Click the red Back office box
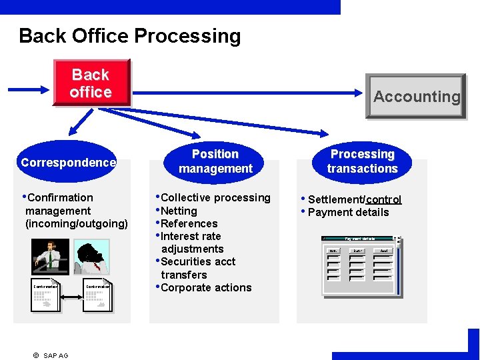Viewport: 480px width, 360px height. point(91,83)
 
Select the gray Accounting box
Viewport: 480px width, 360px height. point(416,97)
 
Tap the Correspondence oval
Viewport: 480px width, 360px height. point(68,162)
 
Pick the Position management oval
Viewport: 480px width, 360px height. point(215,161)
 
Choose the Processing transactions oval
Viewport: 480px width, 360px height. point(362,161)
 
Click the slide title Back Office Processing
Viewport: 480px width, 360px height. point(130,36)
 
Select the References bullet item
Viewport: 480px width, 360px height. point(189,223)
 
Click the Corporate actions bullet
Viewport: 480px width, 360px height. point(206,287)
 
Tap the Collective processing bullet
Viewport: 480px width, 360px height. point(215,197)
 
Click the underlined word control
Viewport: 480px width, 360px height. point(383,199)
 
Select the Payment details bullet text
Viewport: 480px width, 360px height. point(348,212)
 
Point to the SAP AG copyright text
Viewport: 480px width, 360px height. point(51,355)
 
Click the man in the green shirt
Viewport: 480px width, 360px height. point(50,257)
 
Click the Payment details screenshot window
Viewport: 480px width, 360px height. point(361,265)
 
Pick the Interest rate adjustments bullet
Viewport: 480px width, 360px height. point(191,243)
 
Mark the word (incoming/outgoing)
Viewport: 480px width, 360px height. point(76,223)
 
